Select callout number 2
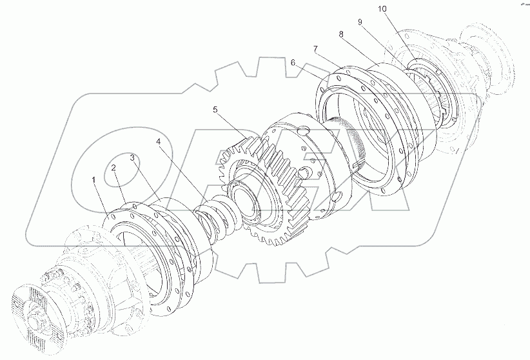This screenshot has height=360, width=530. [114, 168]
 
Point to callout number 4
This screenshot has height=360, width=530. [159, 142]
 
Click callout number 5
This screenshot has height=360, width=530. [215, 110]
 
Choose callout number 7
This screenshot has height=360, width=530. [315, 49]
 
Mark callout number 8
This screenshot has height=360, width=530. [340, 34]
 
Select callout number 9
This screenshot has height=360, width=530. [360, 22]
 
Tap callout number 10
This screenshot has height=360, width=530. [382, 9]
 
